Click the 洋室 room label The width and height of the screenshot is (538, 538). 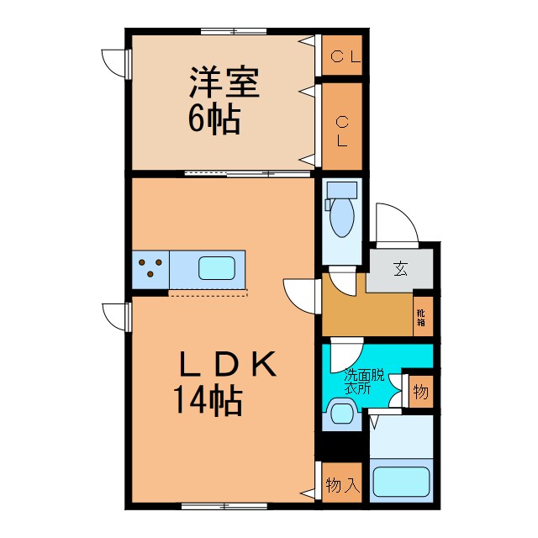click(x=223, y=83)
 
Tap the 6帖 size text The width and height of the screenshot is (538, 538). click(x=214, y=120)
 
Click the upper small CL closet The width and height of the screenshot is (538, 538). click(x=343, y=57)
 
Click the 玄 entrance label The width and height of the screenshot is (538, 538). click(x=400, y=271)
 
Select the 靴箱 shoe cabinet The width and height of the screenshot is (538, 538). click(x=422, y=316)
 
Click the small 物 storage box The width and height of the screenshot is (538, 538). click(x=420, y=391)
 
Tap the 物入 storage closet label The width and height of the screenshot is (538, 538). click(x=342, y=485)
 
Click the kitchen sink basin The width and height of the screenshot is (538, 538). click(x=216, y=269)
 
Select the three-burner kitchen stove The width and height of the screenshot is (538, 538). click(x=150, y=269)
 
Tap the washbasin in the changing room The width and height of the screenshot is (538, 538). click(x=342, y=413)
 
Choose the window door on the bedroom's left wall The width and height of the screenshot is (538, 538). click(x=115, y=62)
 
